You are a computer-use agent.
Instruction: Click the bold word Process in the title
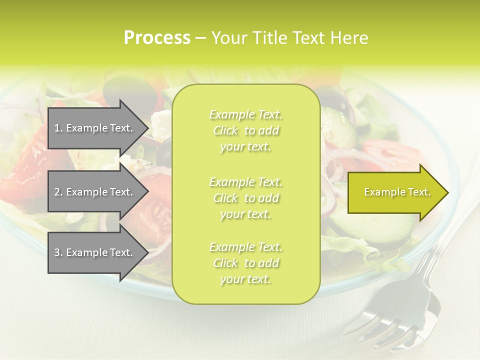(157, 38)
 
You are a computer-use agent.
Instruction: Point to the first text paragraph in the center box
(245, 130)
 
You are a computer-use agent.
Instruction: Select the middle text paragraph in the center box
(245, 197)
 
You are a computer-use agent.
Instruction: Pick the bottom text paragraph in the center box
(245, 263)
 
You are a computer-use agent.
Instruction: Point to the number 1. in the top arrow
(58, 128)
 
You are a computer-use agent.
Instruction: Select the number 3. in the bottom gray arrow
(58, 252)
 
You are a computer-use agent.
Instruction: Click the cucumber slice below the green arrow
(395, 230)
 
